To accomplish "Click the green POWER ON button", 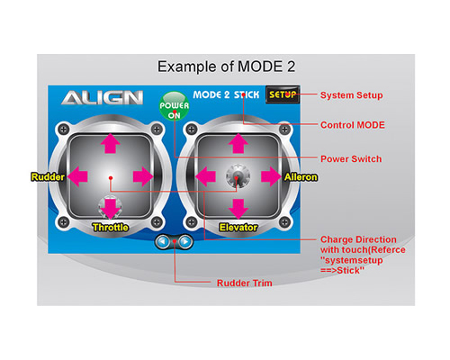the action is pyautogui.click(x=174, y=106).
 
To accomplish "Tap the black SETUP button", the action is pyautogui.click(x=283, y=94).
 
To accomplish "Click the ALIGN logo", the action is pyautogui.click(x=102, y=98).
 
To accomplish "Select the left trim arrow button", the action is pyautogui.click(x=163, y=241).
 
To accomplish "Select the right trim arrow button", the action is pyautogui.click(x=185, y=241).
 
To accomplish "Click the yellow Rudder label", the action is pyautogui.click(x=48, y=177).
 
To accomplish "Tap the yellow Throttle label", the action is pyautogui.click(x=111, y=228).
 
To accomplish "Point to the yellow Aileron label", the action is pyautogui.click(x=301, y=177).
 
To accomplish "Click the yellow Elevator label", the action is pyautogui.click(x=238, y=228).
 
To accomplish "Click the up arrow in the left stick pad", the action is pyautogui.click(x=111, y=143).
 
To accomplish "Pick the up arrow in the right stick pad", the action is pyautogui.click(x=238, y=143).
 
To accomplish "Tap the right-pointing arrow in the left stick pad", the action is pyautogui.click(x=143, y=176).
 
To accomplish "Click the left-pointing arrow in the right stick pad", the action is pyautogui.click(x=205, y=176).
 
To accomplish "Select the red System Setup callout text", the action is pyautogui.click(x=352, y=95).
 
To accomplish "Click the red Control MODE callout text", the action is pyautogui.click(x=353, y=125).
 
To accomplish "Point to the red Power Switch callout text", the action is pyautogui.click(x=351, y=158).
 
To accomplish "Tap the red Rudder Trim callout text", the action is pyautogui.click(x=245, y=283).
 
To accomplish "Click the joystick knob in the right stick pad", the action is pyautogui.click(x=238, y=175).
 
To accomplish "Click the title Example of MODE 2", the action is pyautogui.click(x=227, y=67).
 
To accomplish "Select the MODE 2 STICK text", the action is pyautogui.click(x=226, y=94).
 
